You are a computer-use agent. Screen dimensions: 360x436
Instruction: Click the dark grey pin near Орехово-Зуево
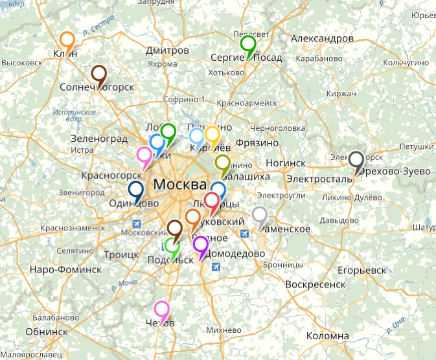click(x=356, y=159)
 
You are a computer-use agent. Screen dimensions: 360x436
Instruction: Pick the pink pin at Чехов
click(x=161, y=310)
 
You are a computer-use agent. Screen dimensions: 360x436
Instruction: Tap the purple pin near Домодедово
click(x=201, y=245)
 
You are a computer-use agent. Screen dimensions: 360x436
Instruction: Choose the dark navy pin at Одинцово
click(x=136, y=190)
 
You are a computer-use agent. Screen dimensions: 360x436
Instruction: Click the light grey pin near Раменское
click(x=260, y=215)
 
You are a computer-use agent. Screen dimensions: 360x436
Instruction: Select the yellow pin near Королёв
click(x=212, y=135)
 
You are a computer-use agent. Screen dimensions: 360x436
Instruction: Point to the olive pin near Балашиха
click(x=223, y=163)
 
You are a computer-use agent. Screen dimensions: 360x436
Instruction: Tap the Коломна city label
click(x=327, y=336)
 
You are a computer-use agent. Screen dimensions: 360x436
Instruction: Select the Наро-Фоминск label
click(x=65, y=269)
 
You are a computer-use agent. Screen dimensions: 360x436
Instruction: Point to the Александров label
click(x=323, y=39)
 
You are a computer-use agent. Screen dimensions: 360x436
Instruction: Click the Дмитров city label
click(x=168, y=51)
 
